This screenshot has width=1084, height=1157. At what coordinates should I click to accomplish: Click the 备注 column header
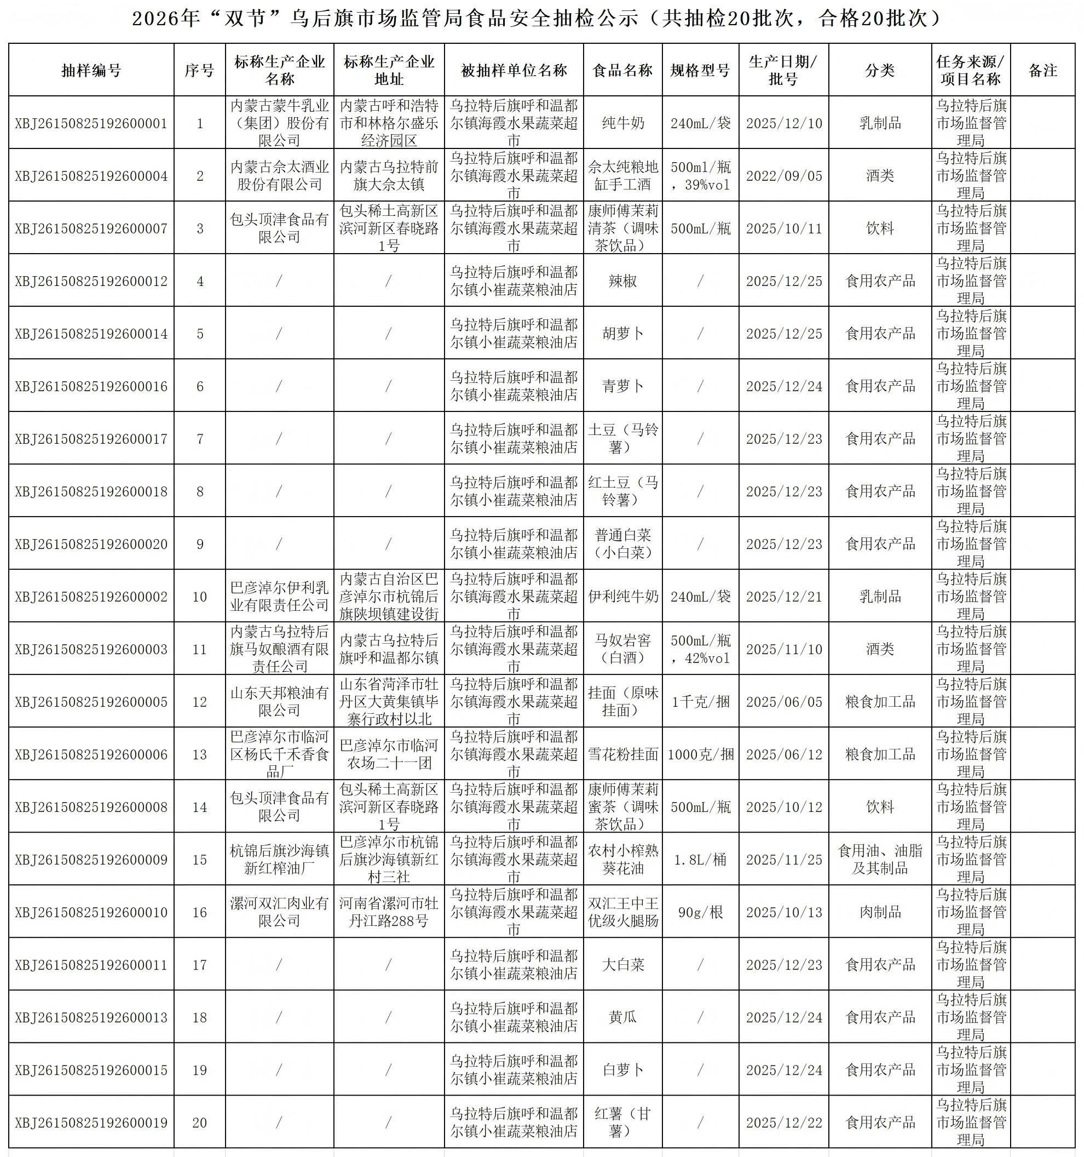1042,71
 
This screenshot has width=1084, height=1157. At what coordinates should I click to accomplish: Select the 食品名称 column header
622,71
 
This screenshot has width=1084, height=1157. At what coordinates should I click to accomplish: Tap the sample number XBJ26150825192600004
91,176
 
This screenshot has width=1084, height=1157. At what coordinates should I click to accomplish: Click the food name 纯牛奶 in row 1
622,123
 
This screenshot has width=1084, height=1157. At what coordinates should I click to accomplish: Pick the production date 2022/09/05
783,176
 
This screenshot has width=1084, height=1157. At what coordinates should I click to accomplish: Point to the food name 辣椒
622,281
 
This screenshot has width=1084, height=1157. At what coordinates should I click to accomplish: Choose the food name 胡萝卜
622,334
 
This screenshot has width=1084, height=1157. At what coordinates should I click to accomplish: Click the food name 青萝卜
622,386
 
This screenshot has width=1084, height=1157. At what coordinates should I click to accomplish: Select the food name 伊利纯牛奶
622,597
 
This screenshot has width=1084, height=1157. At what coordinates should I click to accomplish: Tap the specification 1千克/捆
700,702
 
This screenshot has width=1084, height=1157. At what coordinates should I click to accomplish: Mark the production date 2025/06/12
783,754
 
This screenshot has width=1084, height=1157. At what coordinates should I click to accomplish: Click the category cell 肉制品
879,912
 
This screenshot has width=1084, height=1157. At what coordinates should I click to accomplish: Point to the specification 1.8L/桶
700,860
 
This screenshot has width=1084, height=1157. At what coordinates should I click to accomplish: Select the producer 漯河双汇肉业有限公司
279,912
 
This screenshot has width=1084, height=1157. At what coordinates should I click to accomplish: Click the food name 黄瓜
622,1017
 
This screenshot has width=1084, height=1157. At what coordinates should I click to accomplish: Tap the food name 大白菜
622,965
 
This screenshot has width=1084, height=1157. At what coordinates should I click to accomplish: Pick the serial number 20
199,1122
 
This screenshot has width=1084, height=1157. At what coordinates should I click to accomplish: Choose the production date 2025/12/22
783,1122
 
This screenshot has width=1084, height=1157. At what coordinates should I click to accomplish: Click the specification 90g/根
700,912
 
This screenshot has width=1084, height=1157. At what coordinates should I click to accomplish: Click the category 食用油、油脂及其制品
879,860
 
